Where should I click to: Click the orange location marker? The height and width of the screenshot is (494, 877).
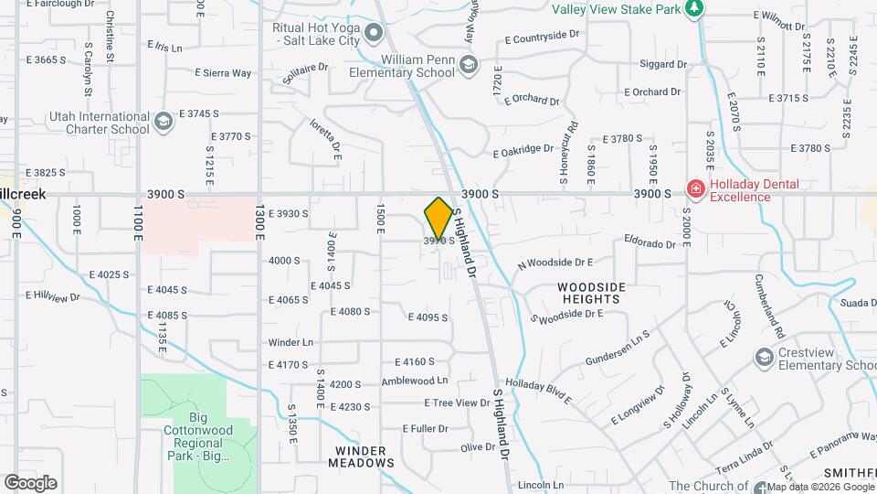(438, 220)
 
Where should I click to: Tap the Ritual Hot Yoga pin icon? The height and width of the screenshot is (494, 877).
(373, 35)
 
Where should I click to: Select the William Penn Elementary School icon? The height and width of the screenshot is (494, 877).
(468, 65)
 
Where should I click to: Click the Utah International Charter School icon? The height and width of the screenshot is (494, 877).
(164, 122)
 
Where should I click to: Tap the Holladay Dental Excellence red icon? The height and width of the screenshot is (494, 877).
(695, 189)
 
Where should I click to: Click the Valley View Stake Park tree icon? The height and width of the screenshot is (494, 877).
(696, 8)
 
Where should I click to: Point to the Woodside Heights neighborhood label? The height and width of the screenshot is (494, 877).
(591, 293)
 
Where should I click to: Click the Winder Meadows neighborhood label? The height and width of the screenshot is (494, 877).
(361, 456)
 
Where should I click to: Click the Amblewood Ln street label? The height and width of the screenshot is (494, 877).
(415, 381)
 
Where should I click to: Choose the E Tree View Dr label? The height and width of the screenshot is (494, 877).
(458, 403)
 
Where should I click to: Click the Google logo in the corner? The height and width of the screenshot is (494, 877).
(30, 482)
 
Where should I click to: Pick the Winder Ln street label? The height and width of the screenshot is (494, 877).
(291, 342)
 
